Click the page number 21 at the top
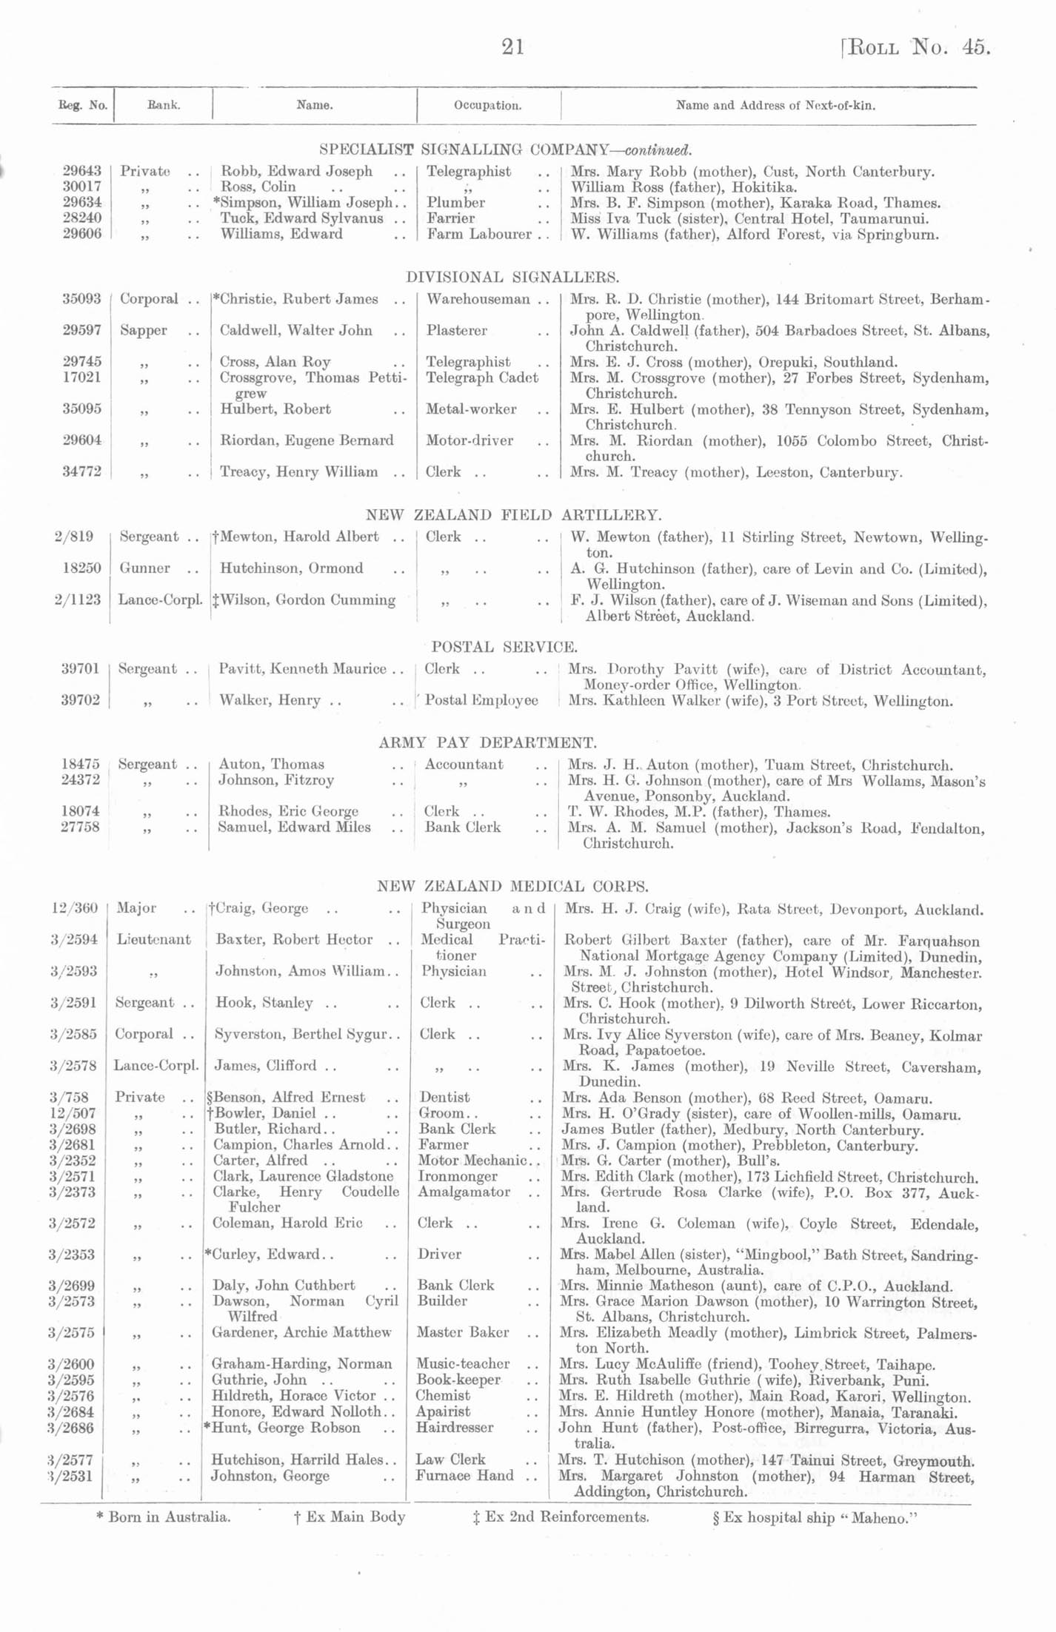point(513,47)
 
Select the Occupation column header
point(487,105)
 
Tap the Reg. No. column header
point(83,105)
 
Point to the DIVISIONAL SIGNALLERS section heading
point(512,277)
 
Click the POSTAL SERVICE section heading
point(504,647)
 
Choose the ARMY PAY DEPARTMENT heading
point(487,742)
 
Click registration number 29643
point(82,171)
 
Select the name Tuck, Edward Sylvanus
point(301,218)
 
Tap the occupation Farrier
point(451,218)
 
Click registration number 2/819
point(78,537)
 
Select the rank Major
point(136,908)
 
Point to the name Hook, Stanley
point(264,1003)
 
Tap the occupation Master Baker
point(463,1332)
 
